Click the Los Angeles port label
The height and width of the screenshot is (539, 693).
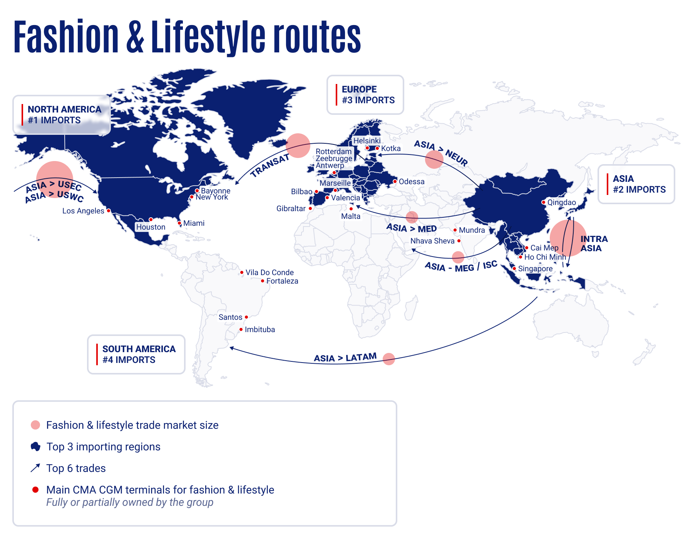coord(83,211)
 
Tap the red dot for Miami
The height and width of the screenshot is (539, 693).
coord(179,223)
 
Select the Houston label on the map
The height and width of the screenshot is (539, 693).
coord(151,227)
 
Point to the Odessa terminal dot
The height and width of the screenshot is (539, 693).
coord(395,181)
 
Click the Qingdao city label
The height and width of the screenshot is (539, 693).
coord(561,202)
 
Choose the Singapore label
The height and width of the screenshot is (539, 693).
coord(535,269)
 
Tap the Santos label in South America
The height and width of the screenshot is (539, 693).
coord(230,317)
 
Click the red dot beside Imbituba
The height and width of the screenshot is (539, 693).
coord(241,329)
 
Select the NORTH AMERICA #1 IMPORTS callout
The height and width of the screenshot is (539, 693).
coord(62,115)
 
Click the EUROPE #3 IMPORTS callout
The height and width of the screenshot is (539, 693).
coord(365,95)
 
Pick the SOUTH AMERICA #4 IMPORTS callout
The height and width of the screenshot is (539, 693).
coord(136,354)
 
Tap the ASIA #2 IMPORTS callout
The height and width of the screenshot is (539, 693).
coord(636,184)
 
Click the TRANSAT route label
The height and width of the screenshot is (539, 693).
coord(269,165)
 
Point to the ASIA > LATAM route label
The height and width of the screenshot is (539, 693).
coord(345,358)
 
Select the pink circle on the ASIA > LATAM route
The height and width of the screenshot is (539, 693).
coord(389,359)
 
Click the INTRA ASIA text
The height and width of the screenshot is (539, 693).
coord(594,243)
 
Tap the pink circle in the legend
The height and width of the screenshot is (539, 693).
coord(35,425)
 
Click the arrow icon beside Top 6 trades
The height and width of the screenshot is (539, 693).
coord(35,468)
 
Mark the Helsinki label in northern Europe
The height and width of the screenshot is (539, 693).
coord(367,141)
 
